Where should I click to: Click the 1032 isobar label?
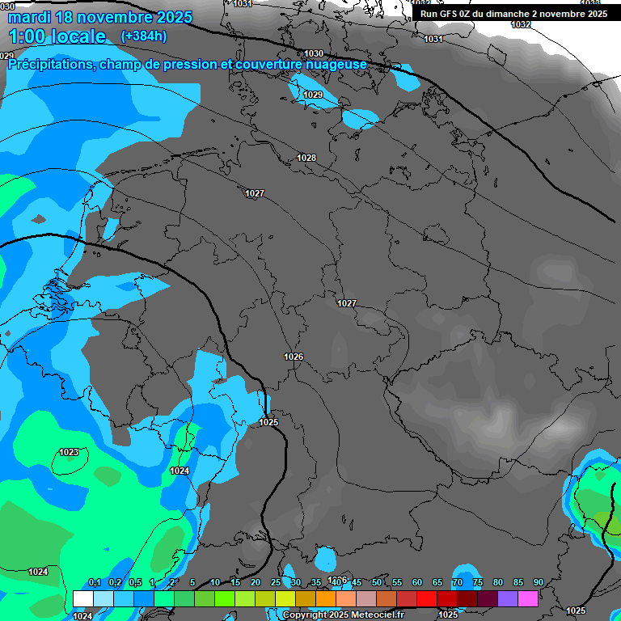click(x=521, y=24)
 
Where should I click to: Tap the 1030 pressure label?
click(x=314, y=53)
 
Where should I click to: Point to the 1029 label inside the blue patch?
click(x=313, y=95)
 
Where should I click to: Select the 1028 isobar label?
click(x=306, y=158)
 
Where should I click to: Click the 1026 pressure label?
click(x=294, y=357)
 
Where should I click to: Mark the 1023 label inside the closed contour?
click(x=70, y=452)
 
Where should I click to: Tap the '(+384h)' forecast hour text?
click(x=144, y=36)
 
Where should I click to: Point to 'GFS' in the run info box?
click(x=448, y=14)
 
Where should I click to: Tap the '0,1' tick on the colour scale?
click(x=95, y=582)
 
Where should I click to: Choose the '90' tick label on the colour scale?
click(x=538, y=582)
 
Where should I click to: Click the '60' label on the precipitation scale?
click(x=417, y=582)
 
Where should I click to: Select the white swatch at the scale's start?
click(x=82, y=598)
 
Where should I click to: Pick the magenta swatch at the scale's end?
click(x=528, y=598)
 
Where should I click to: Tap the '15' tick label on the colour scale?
click(x=235, y=582)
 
